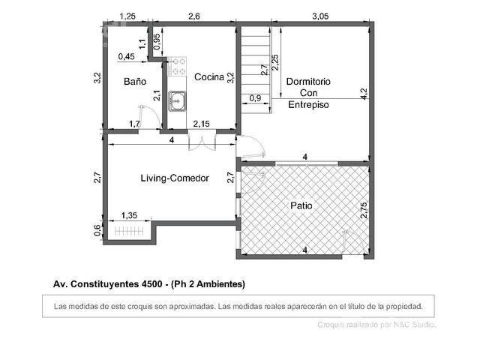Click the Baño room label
pyautogui.click(x=135, y=82)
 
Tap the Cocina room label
pyautogui.click(x=209, y=76)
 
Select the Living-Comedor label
pyautogui.click(x=175, y=178)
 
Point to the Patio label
pyautogui.click(x=301, y=205)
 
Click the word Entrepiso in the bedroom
pyautogui.click(x=308, y=105)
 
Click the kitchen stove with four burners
pyautogui.click(x=177, y=66)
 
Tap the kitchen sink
pyautogui.click(x=177, y=100)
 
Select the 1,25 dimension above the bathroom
pyautogui.click(x=127, y=16)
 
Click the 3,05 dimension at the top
pyautogui.click(x=320, y=16)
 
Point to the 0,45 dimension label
pyautogui.click(x=126, y=57)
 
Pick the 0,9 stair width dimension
pyautogui.click(x=255, y=98)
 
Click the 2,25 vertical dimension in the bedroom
pyautogui.click(x=275, y=62)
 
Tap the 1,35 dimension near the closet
pyautogui.click(x=129, y=215)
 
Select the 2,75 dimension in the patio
pyautogui.click(x=364, y=210)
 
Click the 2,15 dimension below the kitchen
pyautogui.click(x=202, y=124)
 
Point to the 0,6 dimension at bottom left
pyautogui.click(x=97, y=230)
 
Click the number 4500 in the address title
pyautogui.click(x=151, y=284)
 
